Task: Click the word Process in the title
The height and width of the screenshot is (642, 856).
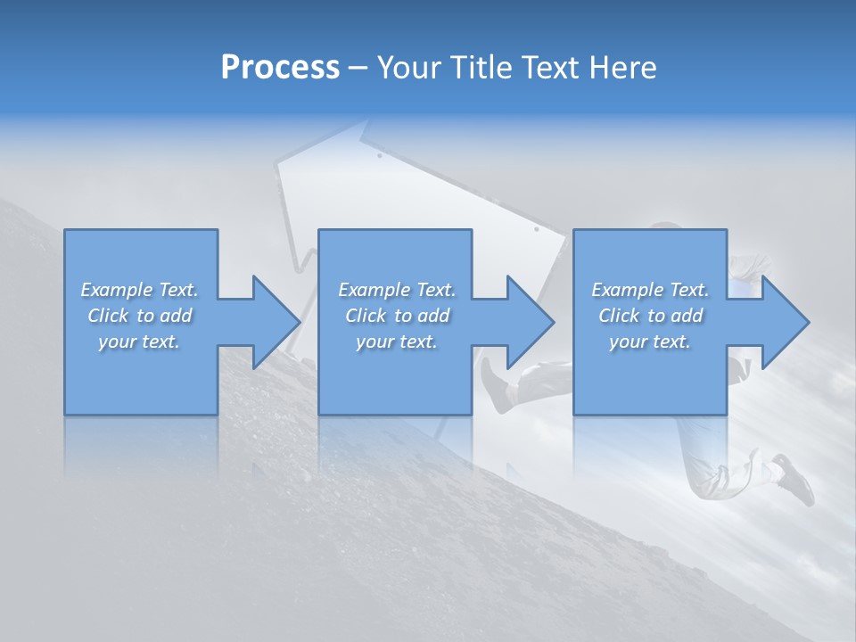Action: [x=280, y=68]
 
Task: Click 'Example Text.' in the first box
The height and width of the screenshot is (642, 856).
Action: [x=139, y=290]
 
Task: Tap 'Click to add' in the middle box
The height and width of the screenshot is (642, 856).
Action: [x=397, y=316]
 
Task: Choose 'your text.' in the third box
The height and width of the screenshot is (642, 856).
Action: [x=650, y=342]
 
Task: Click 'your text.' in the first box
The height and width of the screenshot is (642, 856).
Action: [x=139, y=342]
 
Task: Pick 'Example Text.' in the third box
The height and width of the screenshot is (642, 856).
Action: [x=650, y=290]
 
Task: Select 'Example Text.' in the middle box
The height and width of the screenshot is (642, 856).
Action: [x=397, y=290]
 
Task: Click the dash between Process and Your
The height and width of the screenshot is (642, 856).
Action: [x=358, y=69]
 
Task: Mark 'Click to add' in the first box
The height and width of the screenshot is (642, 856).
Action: [x=139, y=316]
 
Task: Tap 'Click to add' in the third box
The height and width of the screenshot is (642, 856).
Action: [x=650, y=316]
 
